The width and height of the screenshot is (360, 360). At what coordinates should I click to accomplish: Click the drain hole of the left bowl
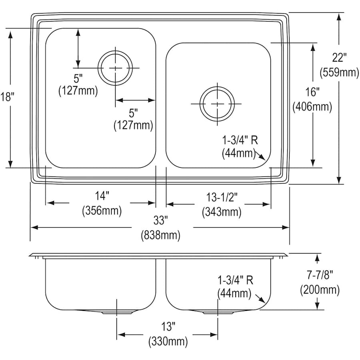click(116, 68)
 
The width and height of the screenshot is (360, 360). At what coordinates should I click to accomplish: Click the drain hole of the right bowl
click(217, 104)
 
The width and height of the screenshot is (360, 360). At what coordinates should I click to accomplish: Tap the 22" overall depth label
click(338, 58)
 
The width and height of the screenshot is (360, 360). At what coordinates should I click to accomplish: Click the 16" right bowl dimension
click(312, 92)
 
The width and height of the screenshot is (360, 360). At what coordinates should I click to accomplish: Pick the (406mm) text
click(312, 107)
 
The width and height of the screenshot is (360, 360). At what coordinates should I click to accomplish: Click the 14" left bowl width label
click(102, 196)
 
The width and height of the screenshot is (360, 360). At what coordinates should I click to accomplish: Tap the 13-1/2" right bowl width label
click(222, 197)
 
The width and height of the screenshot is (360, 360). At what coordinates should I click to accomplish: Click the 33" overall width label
click(160, 220)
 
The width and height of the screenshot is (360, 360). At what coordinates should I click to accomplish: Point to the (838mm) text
click(160, 235)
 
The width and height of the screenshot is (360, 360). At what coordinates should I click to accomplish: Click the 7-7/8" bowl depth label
click(320, 275)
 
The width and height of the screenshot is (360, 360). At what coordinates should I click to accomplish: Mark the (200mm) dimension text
click(320, 289)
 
